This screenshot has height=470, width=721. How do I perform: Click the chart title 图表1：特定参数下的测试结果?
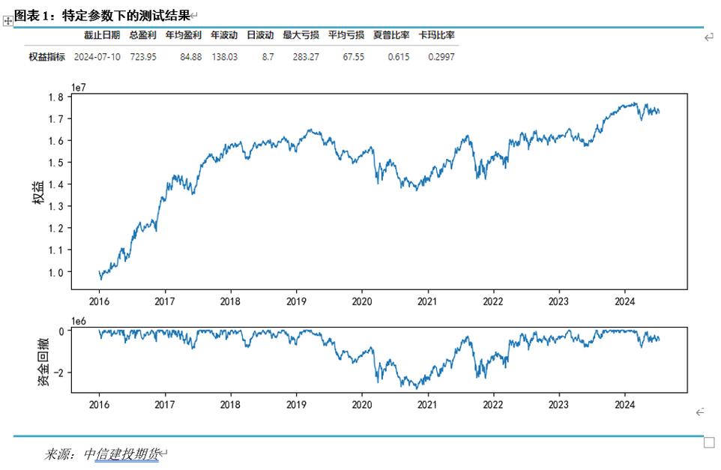(102, 16)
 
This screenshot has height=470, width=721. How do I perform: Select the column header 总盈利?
(142, 34)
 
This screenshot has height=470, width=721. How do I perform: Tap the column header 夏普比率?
(391, 34)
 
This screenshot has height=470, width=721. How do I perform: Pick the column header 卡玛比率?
(437, 34)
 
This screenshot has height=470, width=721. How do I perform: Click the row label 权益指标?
(46, 56)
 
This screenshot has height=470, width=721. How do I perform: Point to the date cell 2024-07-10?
(97, 56)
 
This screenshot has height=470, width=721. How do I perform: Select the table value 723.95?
(142, 56)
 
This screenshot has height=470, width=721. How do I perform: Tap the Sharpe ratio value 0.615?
(399, 56)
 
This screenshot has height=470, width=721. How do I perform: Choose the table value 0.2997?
(441, 56)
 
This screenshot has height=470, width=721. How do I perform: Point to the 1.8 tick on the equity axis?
(55, 97)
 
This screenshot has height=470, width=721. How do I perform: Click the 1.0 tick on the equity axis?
(55, 272)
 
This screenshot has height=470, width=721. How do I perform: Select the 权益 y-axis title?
(37, 191)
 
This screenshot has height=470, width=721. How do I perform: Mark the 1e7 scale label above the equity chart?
(79, 87)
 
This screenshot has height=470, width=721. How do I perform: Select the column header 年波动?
(223, 34)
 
